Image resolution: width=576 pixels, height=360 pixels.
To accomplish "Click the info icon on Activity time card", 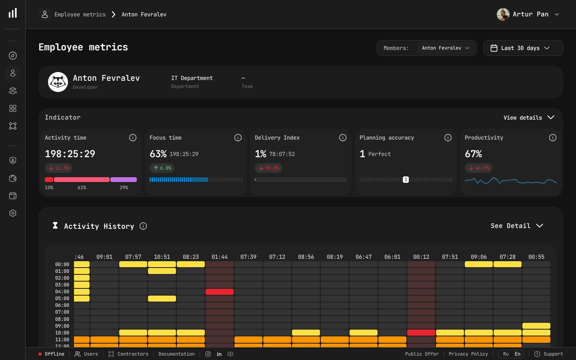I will [x=133, y=138].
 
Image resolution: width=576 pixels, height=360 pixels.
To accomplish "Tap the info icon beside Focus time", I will [x=238, y=138].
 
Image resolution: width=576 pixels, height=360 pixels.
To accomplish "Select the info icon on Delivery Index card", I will [x=343, y=138].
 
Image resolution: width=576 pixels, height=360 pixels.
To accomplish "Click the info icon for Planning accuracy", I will [x=448, y=138].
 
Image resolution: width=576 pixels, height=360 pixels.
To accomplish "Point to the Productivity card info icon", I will [x=553, y=138].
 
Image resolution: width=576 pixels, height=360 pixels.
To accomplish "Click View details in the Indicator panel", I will [x=528, y=118].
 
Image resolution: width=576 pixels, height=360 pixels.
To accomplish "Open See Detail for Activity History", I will [x=516, y=226].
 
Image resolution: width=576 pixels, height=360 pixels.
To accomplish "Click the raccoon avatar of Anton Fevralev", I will [x=58, y=82].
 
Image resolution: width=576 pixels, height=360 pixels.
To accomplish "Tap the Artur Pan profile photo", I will [x=503, y=14].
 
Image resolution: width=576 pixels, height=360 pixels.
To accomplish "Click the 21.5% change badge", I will [x=59, y=168].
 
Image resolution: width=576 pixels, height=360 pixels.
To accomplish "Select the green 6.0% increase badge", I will [x=162, y=168].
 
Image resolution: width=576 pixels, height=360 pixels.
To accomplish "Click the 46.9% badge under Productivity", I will [x=478, y=168].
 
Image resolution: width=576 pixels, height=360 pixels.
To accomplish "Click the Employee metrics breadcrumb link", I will [x=80, y=14].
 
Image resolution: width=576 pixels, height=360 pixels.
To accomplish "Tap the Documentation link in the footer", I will [x=176, y=354].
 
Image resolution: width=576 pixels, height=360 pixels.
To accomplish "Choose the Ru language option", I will [x=506, y=354].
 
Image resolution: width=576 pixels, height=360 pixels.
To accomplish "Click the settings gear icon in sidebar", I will [x=13, y=213].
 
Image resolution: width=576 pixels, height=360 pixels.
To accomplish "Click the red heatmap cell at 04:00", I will [x=220, y=292].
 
